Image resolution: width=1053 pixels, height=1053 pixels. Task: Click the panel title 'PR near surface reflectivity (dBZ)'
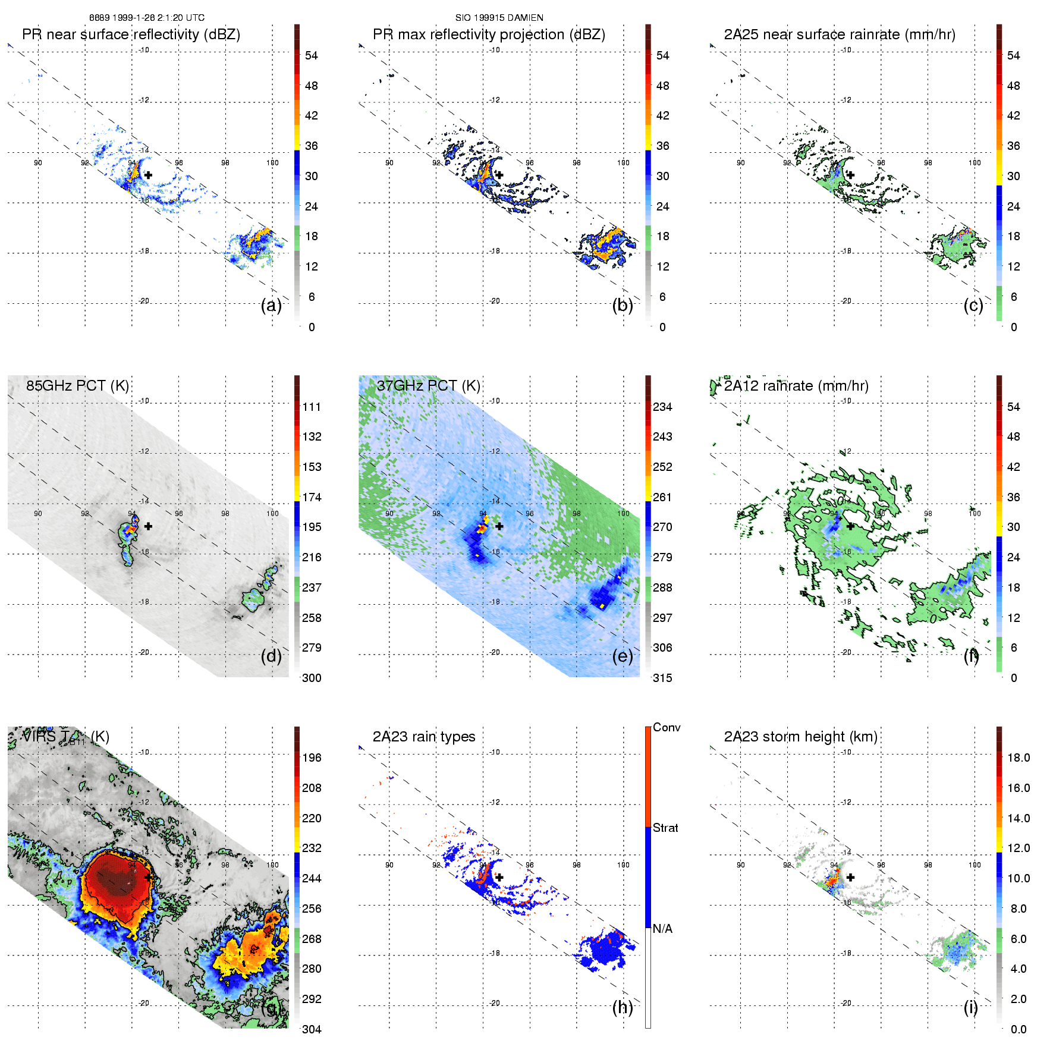click(131, 34)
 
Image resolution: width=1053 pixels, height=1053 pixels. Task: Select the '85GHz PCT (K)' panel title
click(77, 386)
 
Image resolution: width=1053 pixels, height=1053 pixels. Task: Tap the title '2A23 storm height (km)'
click(800, 737)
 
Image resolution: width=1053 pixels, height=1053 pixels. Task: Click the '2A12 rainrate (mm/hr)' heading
click(796, 386)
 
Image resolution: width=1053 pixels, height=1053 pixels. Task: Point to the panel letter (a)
click(271, 306)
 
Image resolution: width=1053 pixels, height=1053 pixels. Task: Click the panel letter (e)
click(623, 656)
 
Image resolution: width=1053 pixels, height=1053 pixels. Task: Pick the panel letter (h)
click(623, 1007)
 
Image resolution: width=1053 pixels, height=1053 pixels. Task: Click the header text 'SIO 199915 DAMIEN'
click(499, 18)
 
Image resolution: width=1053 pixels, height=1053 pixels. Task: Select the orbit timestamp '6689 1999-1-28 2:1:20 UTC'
click(147, 18)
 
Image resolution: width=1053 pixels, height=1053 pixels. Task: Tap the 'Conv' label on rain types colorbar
click(667, 727)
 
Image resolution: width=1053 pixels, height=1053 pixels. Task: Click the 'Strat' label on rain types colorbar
click(665, 828)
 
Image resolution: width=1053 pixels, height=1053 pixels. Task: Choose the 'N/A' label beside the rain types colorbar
click(662, 929)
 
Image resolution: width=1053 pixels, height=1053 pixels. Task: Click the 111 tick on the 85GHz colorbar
click(312, 407)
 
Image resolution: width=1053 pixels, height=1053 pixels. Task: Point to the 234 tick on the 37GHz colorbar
click(662, 407)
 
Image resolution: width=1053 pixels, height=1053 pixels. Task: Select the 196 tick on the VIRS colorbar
click(312, 757)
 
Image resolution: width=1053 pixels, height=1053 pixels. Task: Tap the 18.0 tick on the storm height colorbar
click(1019, 757)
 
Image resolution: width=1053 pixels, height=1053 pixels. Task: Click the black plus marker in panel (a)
click(148, 175)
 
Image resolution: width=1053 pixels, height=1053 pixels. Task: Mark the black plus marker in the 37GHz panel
click(499, 526)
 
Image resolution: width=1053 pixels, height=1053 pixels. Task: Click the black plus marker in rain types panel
click(499, 877)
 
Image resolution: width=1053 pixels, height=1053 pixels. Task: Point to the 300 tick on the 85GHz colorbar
click(312, 678)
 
